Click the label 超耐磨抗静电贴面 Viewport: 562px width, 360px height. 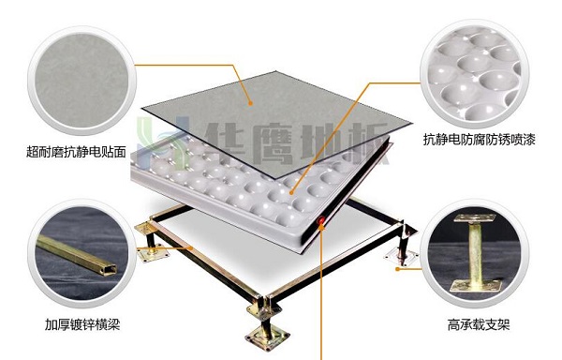[x=76, y=152]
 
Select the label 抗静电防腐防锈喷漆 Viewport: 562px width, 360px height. [x=480, y=139]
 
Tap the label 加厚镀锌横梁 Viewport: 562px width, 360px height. [x=82, y=324]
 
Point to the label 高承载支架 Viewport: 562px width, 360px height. [x=479, y=325]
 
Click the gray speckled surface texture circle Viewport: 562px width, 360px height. [x=82, y=81]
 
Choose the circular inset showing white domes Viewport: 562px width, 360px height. [x=474, y=74]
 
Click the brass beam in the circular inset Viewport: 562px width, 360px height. [x=77, y=255]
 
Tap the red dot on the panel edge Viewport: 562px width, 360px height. [x=320, y=220]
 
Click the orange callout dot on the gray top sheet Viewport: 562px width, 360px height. [x=250, y=103]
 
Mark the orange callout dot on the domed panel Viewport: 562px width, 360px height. [x=291, y=193]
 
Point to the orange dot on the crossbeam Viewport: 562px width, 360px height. [x=191, y=247]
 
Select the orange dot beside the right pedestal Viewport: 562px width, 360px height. [x=397, y=268]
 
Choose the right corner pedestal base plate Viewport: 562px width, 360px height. [x=402, y=257]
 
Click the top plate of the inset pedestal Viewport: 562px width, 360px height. [x=475, y=218]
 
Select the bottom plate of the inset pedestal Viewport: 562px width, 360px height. [x=476, y=286]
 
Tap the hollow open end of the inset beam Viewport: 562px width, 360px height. [x=109, y=268]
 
